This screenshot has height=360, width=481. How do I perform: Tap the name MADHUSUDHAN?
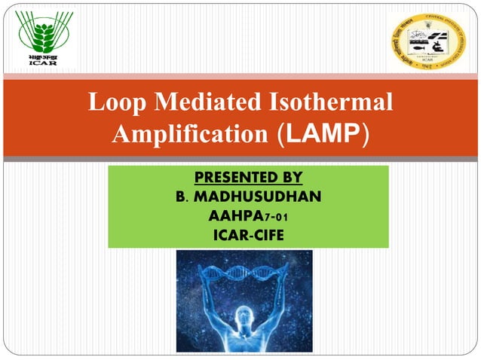pos(256,197)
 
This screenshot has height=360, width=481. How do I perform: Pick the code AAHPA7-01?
pos(248,217)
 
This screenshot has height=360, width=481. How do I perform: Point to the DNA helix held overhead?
pos(244,267)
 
